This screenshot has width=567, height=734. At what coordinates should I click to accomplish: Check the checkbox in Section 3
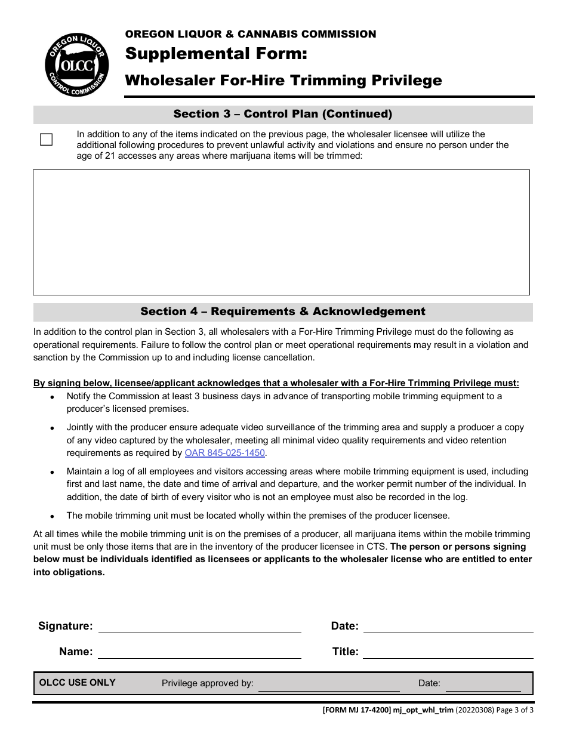46,140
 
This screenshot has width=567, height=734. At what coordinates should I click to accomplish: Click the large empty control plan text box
281,232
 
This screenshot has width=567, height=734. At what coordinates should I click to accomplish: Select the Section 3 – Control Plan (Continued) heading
283,114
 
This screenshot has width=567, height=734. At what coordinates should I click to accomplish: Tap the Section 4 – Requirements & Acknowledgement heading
283,312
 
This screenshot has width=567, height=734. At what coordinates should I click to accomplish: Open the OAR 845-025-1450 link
225,453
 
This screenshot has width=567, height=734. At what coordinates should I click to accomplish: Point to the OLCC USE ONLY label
77,683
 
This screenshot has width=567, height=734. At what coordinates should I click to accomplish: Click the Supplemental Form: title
216,54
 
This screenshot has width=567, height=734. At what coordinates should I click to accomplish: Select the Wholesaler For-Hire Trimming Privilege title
283,81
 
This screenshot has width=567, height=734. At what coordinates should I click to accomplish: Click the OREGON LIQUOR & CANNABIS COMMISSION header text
251,34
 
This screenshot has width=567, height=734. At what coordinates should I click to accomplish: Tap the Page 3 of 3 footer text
515,710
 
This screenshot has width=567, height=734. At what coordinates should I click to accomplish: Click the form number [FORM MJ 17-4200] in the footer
356,710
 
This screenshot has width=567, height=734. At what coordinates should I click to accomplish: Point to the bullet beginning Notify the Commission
53,397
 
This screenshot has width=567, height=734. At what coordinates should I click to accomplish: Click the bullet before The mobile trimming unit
53,516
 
